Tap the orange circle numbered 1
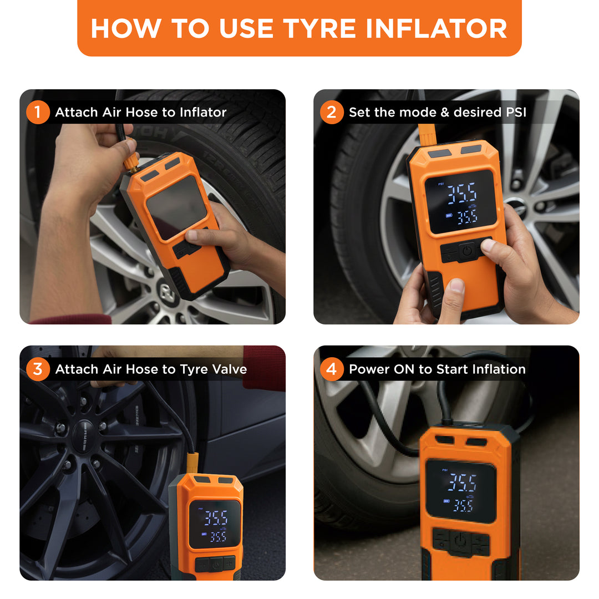[x=37, y=113]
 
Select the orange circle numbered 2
[x=331, y=113]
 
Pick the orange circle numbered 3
[x=37, y=369]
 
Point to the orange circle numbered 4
[x=331, y=369]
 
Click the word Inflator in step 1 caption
[x=203, y=113]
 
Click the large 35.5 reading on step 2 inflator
[x=461, y=194]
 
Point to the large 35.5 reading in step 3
[x=215, y=518]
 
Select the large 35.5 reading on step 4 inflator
[x=462, y=483]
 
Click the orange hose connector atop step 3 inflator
[x=192, y=462]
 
